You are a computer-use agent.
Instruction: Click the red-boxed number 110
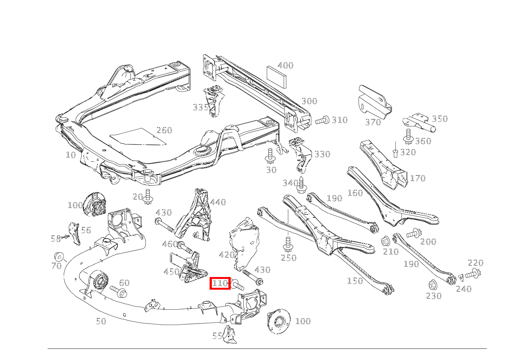click(220, 283)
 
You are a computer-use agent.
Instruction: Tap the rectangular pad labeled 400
click(276, 77)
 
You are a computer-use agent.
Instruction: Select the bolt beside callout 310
click(322, 120)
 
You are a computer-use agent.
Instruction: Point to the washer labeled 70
click(59, 257)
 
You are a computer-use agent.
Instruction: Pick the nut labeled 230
click(433, 285)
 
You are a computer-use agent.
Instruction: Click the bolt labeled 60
click(118, 292)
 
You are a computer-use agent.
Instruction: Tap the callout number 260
click(164, 130)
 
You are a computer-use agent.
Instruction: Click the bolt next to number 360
click(408, 136)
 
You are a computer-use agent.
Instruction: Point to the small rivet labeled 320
click(395, 153)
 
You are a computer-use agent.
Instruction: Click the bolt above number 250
click(288, 244)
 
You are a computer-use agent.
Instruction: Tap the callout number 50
click(101, 321)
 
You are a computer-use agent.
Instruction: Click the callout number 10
click(71, 155)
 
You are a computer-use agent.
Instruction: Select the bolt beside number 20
click(148, 196)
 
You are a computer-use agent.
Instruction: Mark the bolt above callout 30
click(270, 156)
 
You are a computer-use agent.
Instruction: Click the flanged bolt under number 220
click(473, 274)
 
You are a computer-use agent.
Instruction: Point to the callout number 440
click(218, 202)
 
